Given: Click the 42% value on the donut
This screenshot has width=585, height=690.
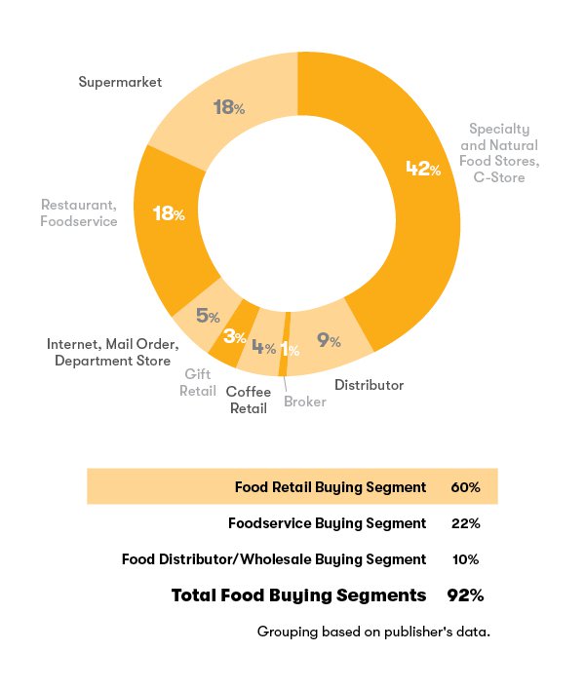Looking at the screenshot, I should (423, 170).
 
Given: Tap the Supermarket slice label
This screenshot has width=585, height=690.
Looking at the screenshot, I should (120, 82).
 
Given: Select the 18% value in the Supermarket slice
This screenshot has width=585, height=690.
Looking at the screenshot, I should (228, 107).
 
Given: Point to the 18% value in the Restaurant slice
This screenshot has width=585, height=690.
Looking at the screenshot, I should (169, 213).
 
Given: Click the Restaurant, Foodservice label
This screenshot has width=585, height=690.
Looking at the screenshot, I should (79, 213).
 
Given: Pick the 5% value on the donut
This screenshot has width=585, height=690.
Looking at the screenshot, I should (207, 316).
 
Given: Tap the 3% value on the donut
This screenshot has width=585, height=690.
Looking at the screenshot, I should (234, 337).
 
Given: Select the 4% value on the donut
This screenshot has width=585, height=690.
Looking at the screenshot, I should (263, 347).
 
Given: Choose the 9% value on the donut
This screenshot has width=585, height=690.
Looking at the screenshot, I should (329, 340).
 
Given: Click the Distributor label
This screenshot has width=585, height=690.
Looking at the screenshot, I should (369, 385).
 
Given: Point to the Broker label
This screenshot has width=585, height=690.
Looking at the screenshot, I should (305, 402).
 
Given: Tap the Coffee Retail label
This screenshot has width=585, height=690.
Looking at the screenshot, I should (249, 400).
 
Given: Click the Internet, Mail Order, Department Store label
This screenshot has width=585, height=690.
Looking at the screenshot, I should (113, 353).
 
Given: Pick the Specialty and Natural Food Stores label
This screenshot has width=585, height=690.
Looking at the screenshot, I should (499, 153).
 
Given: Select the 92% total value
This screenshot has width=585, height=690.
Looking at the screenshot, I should (465, 594).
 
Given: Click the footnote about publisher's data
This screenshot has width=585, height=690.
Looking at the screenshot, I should (373, 632).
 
